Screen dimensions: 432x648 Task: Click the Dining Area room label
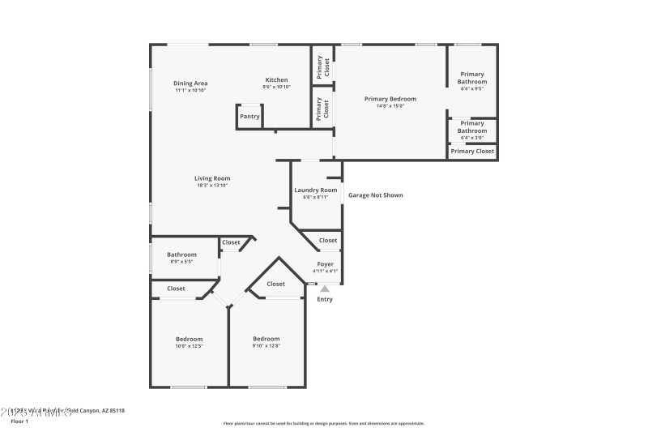(190, 83)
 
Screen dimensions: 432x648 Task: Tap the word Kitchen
(277, 79)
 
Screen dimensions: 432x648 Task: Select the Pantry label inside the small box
(249, 117)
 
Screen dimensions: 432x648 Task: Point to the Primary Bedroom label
(390, 99)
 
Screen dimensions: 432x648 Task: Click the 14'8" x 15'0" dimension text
(390, 106)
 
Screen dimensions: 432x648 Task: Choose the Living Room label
(212, 178)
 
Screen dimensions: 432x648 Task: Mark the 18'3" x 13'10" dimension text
(212, 186)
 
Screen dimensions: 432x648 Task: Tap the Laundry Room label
(316, 190)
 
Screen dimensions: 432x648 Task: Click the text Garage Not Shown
(375, 195)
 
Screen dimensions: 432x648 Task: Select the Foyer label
(325, 264)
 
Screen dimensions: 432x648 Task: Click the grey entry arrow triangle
(325, 288)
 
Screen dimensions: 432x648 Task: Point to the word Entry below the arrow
(325, 299)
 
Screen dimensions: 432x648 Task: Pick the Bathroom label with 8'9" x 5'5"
(181, 254)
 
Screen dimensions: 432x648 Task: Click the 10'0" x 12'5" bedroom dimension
(190, 346)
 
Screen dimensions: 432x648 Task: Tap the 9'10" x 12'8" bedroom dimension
(266, 346)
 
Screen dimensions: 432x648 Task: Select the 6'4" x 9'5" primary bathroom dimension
(472, 89)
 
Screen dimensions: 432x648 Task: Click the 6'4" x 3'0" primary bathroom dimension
(472, 138)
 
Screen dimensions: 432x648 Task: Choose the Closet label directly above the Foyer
(328, 241)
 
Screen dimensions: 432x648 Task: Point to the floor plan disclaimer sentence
(323, 423)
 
